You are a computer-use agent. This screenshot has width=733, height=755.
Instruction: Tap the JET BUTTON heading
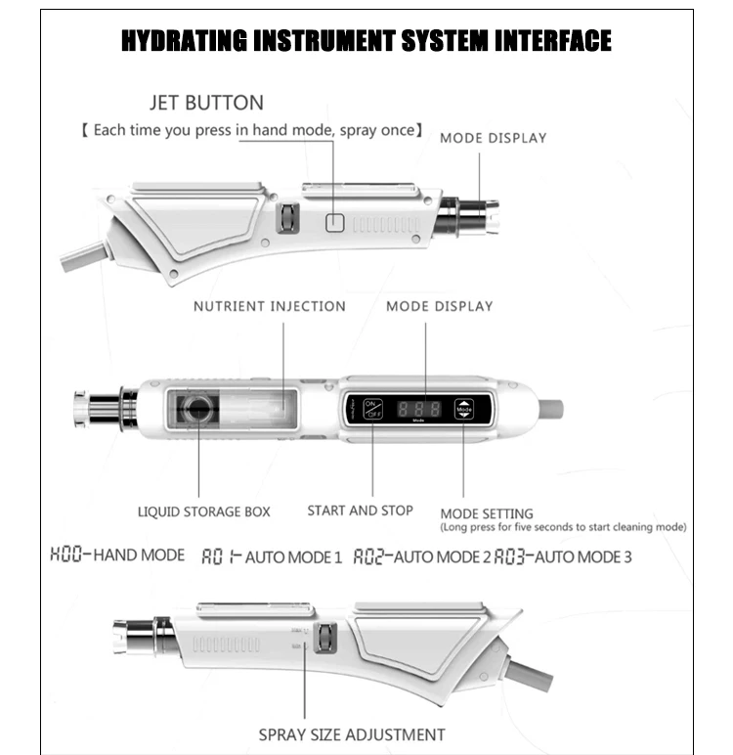click(x=206, y=103)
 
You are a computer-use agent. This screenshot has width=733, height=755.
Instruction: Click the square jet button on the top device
click(x=334, y=222)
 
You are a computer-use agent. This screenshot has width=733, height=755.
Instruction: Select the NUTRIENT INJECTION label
click(x=269, y=306)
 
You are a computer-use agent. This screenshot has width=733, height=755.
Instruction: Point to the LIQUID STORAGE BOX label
click(x=203, y=511)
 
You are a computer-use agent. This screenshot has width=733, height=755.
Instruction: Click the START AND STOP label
click(x=360, y=511)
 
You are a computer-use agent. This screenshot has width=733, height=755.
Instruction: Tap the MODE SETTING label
click(x=487, y=513)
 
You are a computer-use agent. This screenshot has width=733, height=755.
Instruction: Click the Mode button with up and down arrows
click(x=463, y=409)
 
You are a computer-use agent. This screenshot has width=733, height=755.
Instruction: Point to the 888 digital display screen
click(x=418, y=409)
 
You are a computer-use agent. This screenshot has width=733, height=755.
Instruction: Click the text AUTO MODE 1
click(x=293, y=557)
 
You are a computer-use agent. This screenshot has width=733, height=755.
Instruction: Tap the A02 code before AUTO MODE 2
click(x=371, y=556)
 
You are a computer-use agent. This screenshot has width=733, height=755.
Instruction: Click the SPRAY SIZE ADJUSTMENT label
click(x=352, y=734)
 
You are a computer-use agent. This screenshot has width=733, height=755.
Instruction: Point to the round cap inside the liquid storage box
click(x=199, y=409)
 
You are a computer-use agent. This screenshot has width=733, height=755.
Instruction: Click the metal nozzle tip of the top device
click(x=473, y=215)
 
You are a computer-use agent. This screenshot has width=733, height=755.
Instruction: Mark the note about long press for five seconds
click(x=563, y=528)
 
